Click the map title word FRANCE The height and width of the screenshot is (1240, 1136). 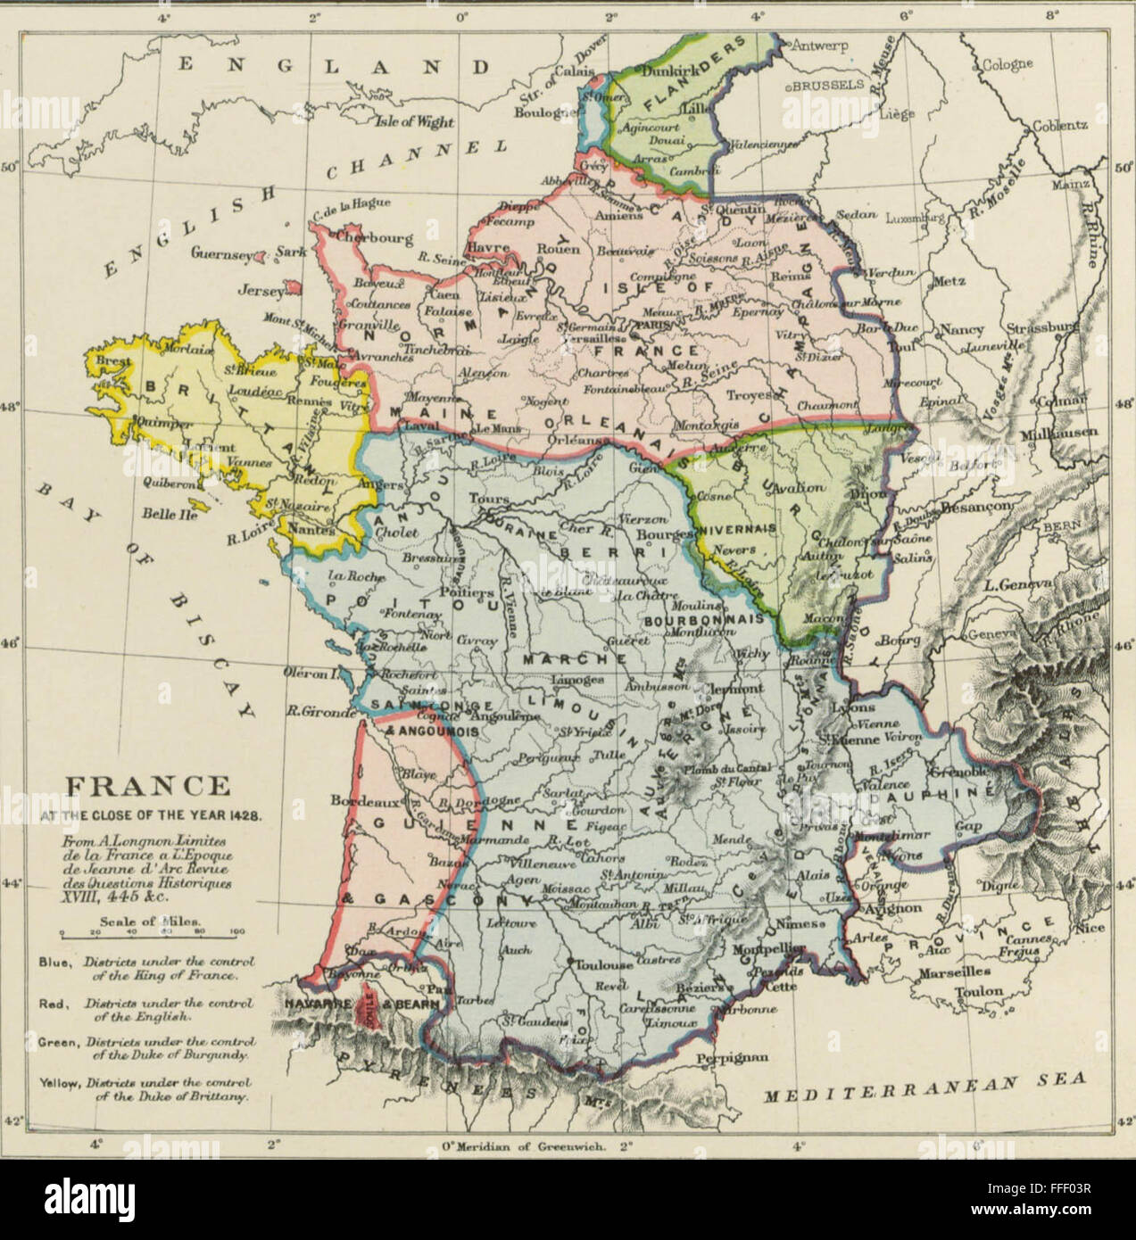149,786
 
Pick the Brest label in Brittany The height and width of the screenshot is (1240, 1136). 111,362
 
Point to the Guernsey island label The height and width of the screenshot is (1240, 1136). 219,252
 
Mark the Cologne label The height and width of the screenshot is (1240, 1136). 1007,63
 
